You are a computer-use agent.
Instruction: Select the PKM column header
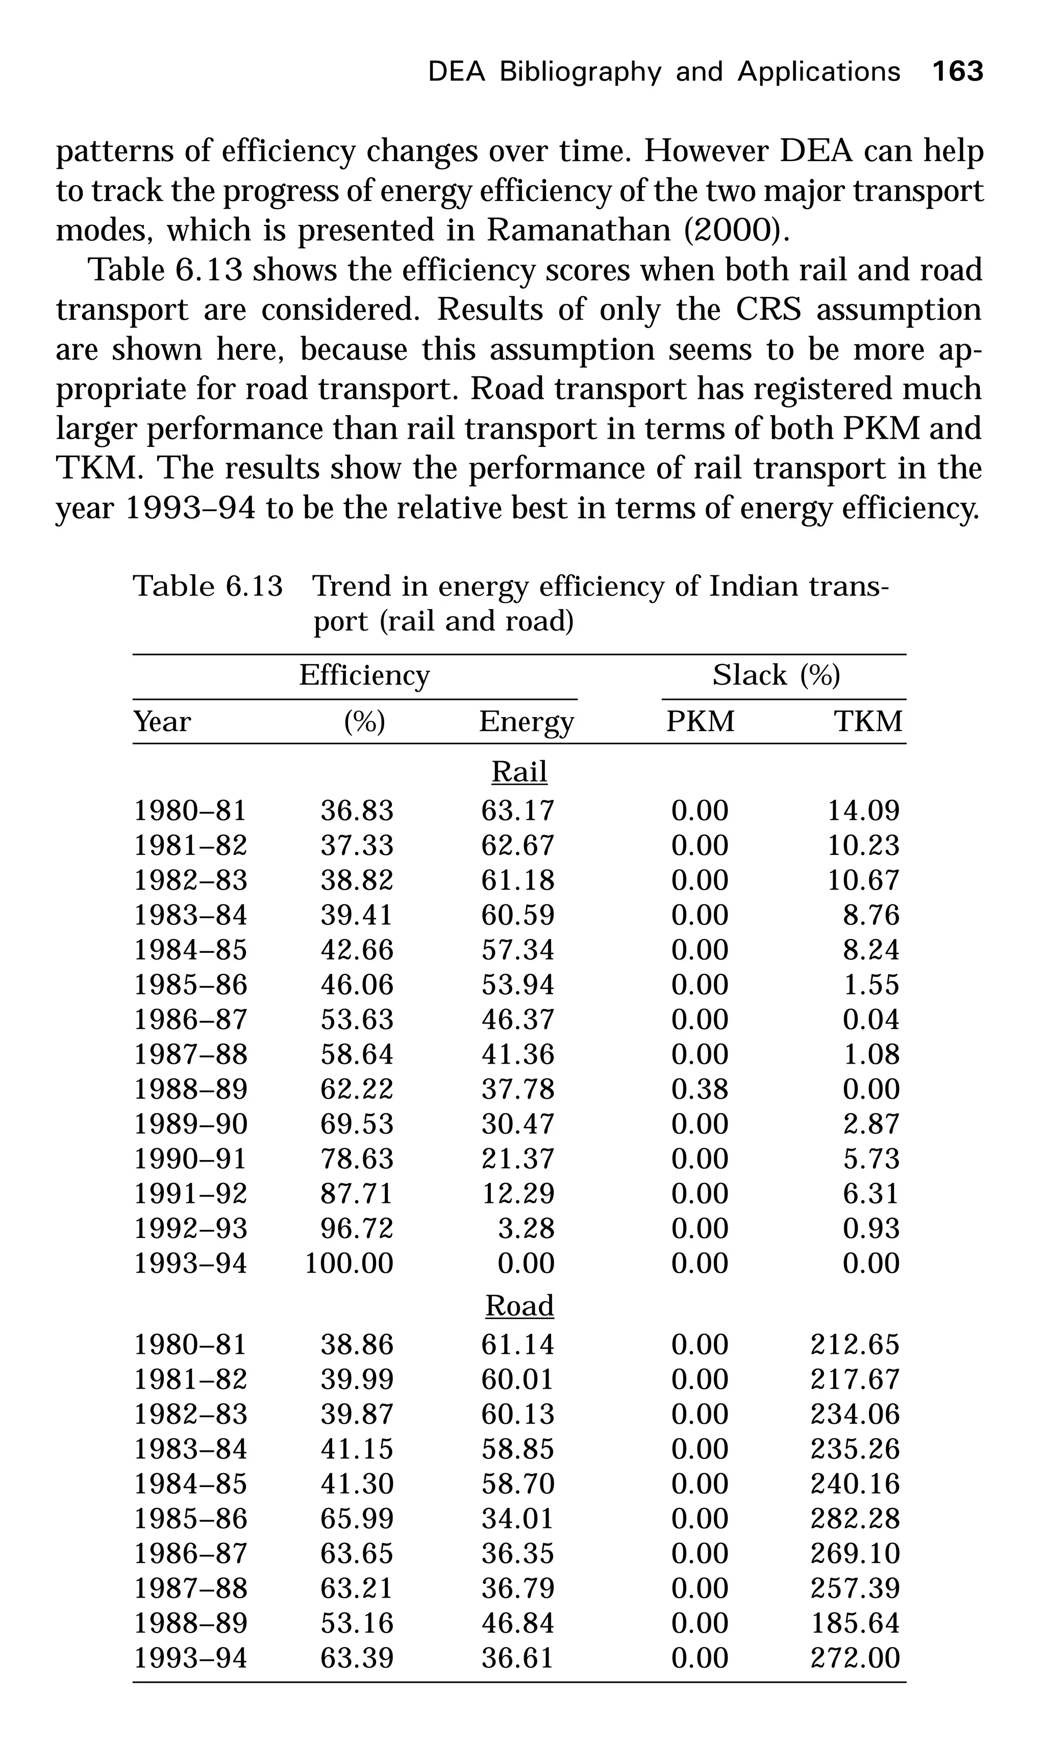[x=700, y=722]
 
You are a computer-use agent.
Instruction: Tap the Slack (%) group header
[x=776, y=676]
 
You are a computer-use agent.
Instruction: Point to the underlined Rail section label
[x=519, y=772]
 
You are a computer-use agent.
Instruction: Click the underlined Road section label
[x=519, y=1306]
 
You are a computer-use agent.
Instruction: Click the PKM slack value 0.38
[x=699, y=1090]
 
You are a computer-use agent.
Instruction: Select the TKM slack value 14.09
[x=863, y=811]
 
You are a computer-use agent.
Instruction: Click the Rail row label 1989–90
[x=191, y=1124]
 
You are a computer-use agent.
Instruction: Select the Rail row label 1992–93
[x=191, y=1229]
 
